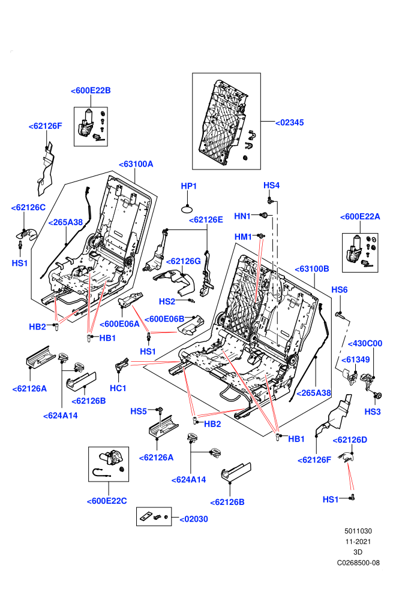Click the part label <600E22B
[91, 90]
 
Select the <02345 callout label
[289, 123]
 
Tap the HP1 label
[188, 186]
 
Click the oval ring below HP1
[188, 209]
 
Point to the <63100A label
[136, 164]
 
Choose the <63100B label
[312, 269]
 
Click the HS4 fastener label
[272, 185]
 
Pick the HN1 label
[242, 216]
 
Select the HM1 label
[243, 237]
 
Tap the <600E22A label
[360, 217]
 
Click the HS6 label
[340, 290]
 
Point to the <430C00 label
[365, 343]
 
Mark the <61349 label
[356, 359]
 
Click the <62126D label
[350, 440]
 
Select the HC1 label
[118, 388]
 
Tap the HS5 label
[139, 412]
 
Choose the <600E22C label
[107, 501]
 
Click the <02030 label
[194, 519]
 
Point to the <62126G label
[184, 261]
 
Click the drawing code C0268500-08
[358, 562]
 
